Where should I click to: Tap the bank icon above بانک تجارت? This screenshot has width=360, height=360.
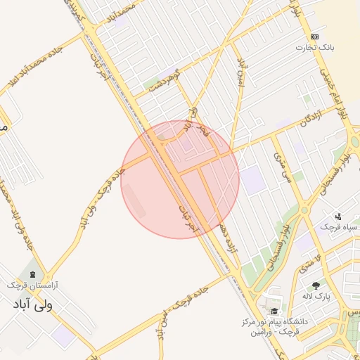pyautogui.click(x=314, y=37)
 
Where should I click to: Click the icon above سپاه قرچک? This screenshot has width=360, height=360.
pyautogui.click(x=338, y=217)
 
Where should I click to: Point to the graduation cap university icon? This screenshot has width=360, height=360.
pyautogui.click(x=274, y=311)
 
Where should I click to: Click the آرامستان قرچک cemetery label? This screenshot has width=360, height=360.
pyautogui.click(x=33, y=285)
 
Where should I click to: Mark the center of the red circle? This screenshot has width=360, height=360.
pyautogui.click(x=180, y=179)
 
